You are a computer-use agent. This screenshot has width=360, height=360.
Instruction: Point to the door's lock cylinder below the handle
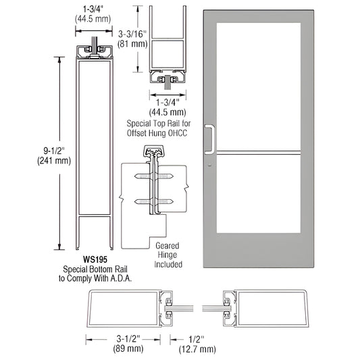point(211,165)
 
